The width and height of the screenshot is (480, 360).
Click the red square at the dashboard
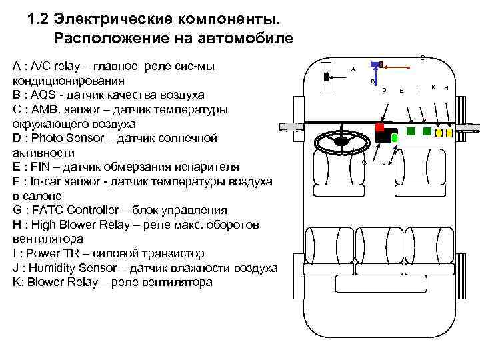click(x=380, y=127)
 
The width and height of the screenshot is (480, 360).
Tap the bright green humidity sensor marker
click(x=394, y=138)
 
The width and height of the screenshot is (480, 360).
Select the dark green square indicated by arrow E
click(x=411, y=131)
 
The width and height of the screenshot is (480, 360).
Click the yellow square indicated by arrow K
click(x=439, y=133)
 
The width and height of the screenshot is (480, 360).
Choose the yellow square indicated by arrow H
click(x=449, y=133)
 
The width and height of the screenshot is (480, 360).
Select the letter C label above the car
click(x=423, y=59)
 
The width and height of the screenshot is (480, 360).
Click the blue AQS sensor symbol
click(x=375, y=65)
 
